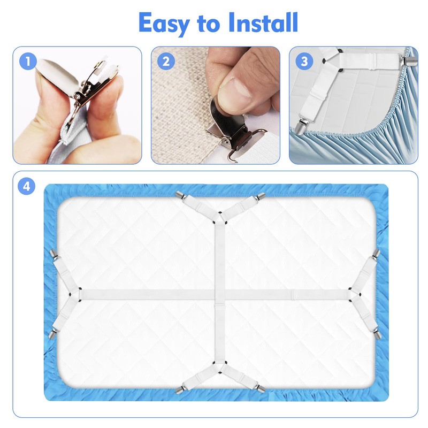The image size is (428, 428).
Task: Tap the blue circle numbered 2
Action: coord(165,60)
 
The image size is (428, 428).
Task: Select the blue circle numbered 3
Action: coord(304,60)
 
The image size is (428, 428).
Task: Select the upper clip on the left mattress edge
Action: coord(53,251)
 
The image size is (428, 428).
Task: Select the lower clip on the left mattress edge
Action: coord(52,333)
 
